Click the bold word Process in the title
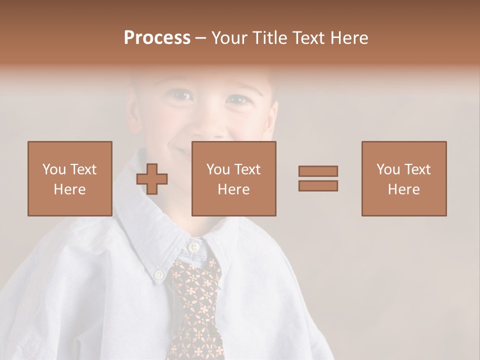[157, 38]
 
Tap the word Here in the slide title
[348, 38]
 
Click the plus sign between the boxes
[152, 178]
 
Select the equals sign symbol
[318, 178]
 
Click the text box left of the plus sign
[70, 178]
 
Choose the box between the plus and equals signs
[234, 178]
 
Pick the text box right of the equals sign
[404, 178]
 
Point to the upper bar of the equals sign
[318, 171]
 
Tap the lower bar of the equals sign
[318, 185]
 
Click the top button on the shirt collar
[193, 247]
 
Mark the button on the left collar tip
[159, 274]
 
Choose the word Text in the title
[309, 38]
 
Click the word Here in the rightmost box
[404, 189]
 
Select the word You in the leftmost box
[53, 169]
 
